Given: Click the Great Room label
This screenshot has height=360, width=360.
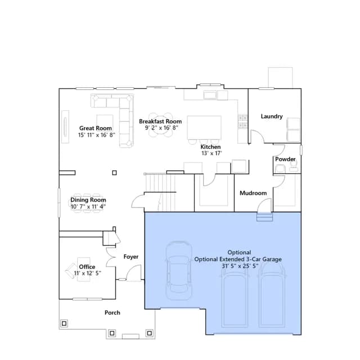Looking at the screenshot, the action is [96, 128].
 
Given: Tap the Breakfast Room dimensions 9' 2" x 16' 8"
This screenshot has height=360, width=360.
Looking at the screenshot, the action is [161, 128].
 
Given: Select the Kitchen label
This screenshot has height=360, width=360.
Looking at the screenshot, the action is [210, 147].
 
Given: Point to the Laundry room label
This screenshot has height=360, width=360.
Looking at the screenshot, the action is [272, 116].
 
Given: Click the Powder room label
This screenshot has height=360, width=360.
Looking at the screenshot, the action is [285, 159].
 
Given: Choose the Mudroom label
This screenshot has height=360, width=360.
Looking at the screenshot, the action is [253, 193].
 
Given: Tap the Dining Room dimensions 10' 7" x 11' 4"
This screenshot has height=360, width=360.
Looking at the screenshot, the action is [88, 206].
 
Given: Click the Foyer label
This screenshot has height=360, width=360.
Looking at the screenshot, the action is [131, 256].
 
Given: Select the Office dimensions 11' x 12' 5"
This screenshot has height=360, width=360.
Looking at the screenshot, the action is [88, 273].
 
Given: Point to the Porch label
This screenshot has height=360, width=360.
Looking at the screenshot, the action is [112, 313].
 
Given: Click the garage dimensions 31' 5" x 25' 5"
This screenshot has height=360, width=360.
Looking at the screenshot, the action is [240, 266].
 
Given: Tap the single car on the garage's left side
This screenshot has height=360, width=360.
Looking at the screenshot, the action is [179, 271].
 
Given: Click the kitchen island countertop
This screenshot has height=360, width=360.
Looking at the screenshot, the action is [204, 128].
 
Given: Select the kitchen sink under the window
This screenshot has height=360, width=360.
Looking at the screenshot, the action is [210, 94].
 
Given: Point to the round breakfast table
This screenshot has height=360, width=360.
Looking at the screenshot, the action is [160, 125].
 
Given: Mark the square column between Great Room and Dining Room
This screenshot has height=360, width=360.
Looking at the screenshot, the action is [114, 173].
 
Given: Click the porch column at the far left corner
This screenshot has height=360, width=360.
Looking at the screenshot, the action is [64, 323].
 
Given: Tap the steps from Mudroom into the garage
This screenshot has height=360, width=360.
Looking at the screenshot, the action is [264, 217].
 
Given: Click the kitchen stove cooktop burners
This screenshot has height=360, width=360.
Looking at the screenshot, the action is [242, 121].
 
